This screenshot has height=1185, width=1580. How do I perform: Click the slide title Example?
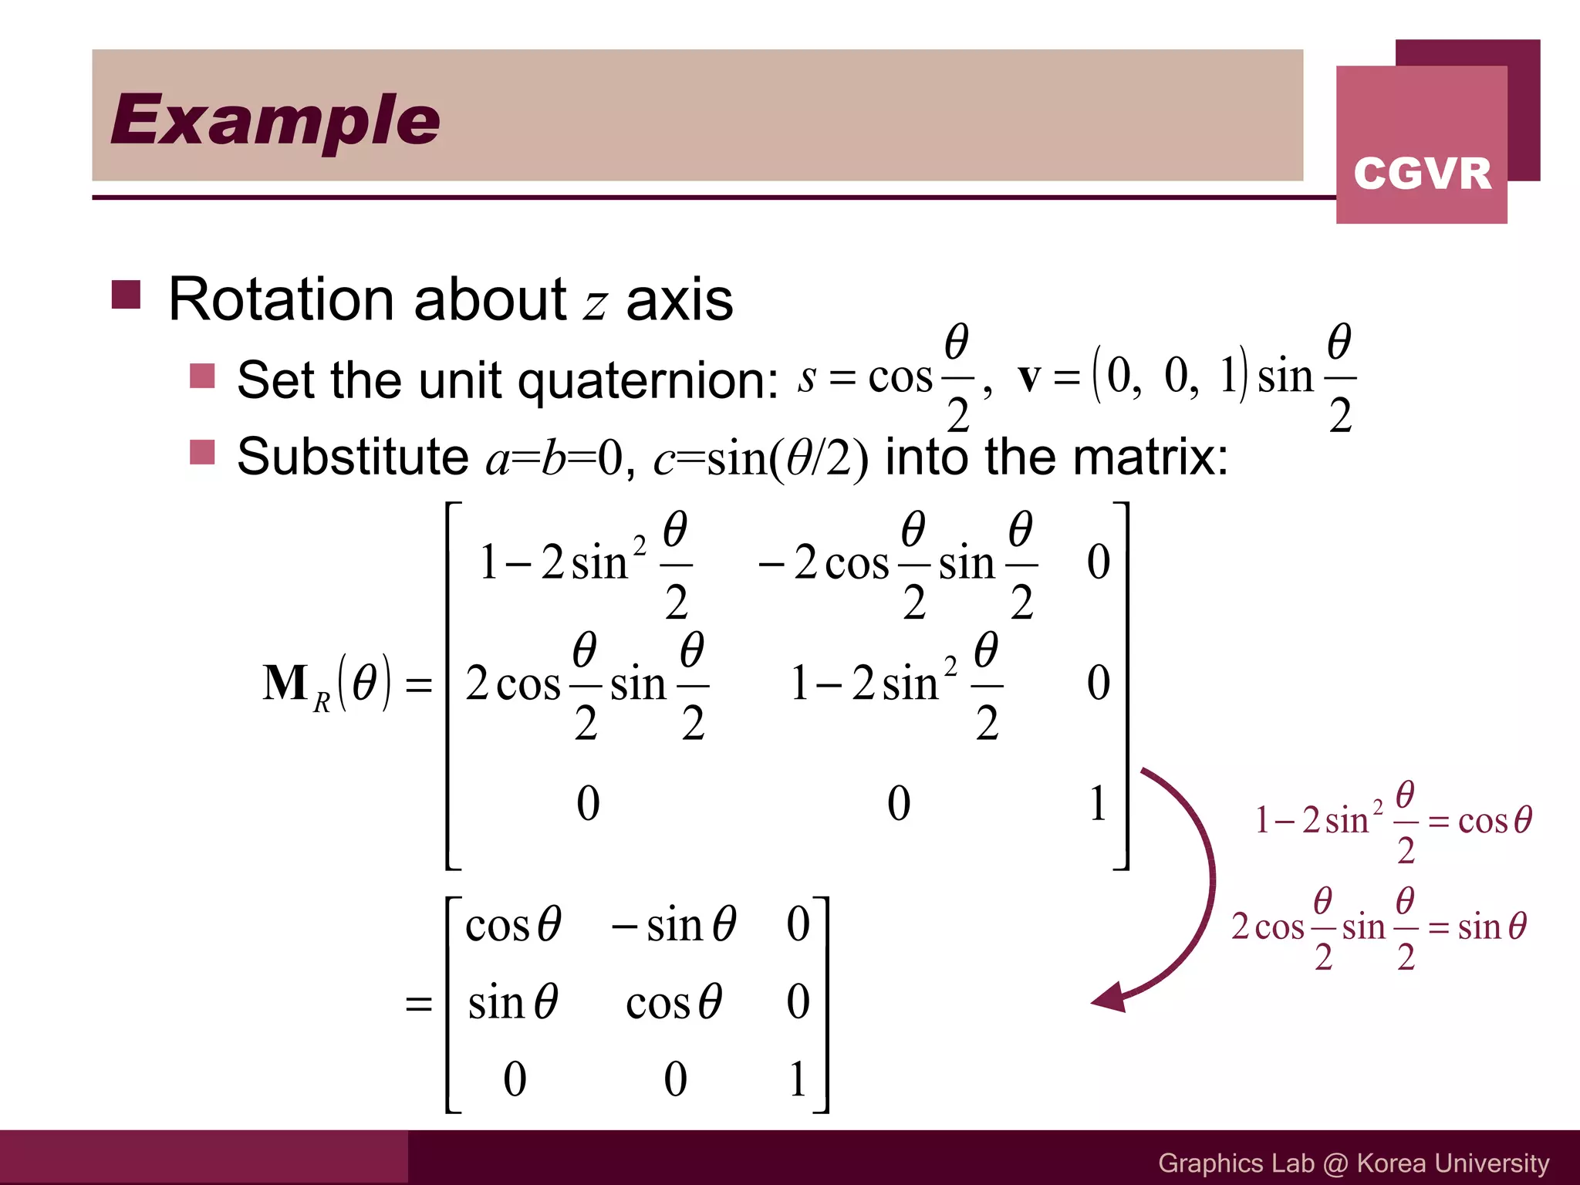click(275, 120)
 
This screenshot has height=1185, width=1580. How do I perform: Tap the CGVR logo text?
click(1422, 174)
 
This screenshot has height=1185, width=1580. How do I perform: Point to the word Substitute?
click(353, 456)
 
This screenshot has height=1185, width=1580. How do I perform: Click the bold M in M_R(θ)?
click(285, 683)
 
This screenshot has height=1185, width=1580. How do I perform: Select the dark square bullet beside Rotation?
click(126, 294)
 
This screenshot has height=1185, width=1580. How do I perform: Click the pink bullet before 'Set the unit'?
click(202, 376)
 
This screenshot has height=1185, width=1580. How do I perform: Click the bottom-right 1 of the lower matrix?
click(798, 1079)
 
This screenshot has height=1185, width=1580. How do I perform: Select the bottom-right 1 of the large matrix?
click(1098, 803)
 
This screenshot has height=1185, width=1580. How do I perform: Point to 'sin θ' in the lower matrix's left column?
click(513, 1002)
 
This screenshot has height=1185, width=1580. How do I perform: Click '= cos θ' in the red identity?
click(1480, 820)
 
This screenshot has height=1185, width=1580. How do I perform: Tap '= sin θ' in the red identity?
click(1477, 926)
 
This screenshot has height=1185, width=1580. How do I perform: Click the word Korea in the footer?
click(1390, 1163)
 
